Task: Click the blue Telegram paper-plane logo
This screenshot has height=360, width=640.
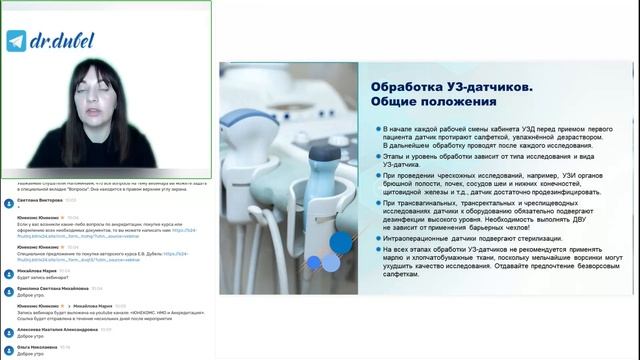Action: [x=16, y=41]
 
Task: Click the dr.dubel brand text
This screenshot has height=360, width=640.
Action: [x=51, y=41]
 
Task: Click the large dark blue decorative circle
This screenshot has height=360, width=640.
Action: [x=340, y=242]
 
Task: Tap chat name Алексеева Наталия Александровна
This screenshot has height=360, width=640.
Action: [x=59, y=331]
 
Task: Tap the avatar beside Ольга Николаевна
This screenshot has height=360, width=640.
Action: [x=8, y=349]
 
